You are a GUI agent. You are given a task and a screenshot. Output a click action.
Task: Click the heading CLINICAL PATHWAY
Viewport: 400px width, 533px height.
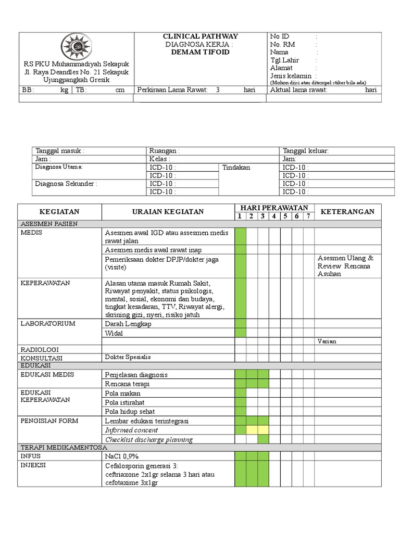(x=200, y=36)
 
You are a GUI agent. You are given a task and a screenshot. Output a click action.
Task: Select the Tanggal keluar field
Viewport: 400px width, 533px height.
(x=306, y=151)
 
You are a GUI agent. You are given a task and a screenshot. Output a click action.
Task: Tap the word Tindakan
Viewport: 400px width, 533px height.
(x=236, y=167)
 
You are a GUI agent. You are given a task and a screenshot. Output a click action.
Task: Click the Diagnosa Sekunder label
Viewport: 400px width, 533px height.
(x=66, y=183)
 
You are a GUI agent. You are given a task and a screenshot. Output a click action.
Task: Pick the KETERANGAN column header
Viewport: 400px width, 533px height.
(x=347, y=212)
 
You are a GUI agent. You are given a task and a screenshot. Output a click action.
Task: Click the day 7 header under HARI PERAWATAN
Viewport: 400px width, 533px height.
(x=308, y=217)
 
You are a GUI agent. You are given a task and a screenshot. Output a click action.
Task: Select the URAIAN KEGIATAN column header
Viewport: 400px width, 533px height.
(x=167, y=212)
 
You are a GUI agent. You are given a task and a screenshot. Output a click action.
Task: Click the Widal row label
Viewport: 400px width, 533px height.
(x=114, y=333)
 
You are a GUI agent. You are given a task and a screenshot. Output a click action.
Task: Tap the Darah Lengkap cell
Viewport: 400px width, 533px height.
(x=128, y=324)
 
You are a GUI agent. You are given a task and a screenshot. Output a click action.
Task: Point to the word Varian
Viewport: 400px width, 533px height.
(x=327, y=341)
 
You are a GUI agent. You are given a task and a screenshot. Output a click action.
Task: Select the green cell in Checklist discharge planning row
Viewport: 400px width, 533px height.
(x=263, y=439)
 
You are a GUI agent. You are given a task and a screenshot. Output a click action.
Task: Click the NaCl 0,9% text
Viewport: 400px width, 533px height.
(x=122, y=456)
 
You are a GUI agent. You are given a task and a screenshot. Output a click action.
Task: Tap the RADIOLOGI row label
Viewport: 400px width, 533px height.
(x=40, y=349)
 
